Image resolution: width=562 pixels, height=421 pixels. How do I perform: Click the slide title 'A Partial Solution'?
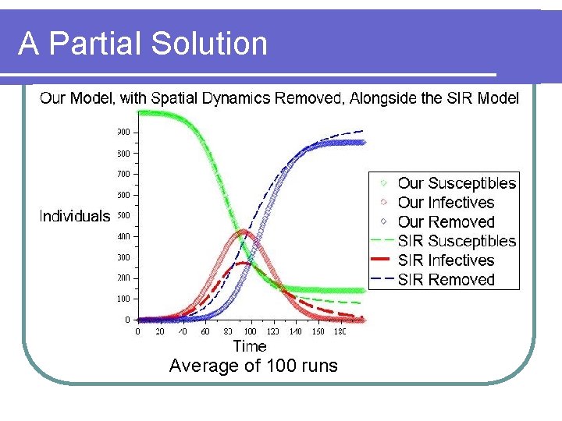[x=143, y=44]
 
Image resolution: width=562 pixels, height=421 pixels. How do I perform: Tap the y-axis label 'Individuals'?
[x=75, y=216]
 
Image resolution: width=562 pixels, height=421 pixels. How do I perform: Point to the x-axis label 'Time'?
[x=250, y=345]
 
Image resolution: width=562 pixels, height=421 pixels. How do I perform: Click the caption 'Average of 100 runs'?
[x=254, y=366]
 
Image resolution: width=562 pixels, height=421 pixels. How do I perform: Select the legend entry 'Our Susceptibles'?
[x=457, y=183]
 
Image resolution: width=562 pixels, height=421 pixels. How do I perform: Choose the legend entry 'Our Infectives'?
[x=446, y=203]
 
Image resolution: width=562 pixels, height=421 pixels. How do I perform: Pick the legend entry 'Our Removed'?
[x=446, y=222]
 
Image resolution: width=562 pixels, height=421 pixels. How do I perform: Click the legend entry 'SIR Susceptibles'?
[x=457, y=241]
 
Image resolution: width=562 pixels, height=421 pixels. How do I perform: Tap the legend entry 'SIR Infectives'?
[x=446, y=260]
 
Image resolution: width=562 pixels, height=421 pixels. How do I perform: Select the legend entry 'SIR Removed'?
[x=446, y=279]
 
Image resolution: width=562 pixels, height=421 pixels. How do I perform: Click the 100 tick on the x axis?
[x=251, y=331]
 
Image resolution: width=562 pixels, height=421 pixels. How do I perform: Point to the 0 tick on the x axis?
[x=138, y=331]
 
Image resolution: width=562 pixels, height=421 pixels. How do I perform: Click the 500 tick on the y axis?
[x=124, y=215]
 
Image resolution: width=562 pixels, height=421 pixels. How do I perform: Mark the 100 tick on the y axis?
[x=124, y=299]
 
